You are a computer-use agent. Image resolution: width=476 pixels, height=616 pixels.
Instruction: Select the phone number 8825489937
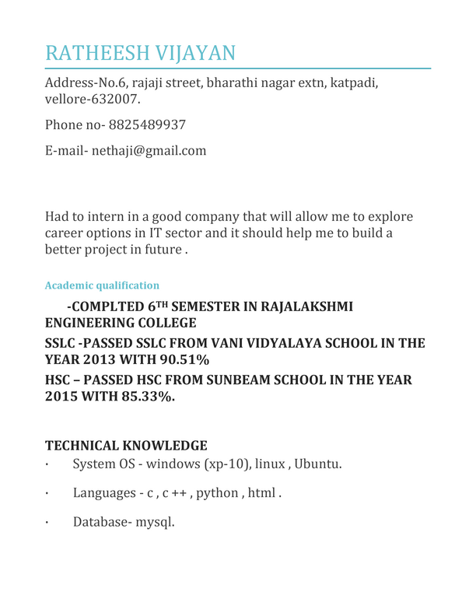click(147, 124)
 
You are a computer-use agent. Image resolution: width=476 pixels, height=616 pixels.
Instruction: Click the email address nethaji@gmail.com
click(149, 150)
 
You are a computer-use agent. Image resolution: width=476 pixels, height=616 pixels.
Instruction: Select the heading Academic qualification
click(103, 285)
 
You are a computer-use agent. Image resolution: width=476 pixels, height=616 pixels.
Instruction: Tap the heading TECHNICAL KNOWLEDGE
click(126, 446)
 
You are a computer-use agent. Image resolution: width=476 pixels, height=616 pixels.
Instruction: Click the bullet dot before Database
click(47, 522)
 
